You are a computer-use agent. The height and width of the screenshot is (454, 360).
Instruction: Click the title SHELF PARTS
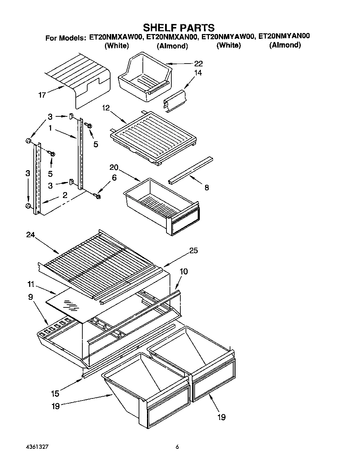(179, 27)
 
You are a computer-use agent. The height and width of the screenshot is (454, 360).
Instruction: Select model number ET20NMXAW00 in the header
(116, 36)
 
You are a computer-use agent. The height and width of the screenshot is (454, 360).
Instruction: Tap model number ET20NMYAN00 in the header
(284, 36)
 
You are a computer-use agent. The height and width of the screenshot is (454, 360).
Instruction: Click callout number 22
(198, 64)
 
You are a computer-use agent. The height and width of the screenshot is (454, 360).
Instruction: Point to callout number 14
(198, 73)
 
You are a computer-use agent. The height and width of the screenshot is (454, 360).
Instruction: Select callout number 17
(42, 95)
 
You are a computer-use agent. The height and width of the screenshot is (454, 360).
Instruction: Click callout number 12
(106, 108)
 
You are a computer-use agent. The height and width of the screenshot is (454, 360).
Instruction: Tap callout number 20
(114, 168)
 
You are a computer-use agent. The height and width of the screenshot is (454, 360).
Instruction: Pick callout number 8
(207, 188)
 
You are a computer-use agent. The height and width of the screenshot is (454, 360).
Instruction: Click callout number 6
(114, 178)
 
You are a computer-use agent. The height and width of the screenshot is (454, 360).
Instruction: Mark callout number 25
(194, 250)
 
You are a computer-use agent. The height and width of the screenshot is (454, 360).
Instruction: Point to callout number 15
(55, 394)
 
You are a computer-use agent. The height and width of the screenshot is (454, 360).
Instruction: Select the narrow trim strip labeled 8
(191, 170)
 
